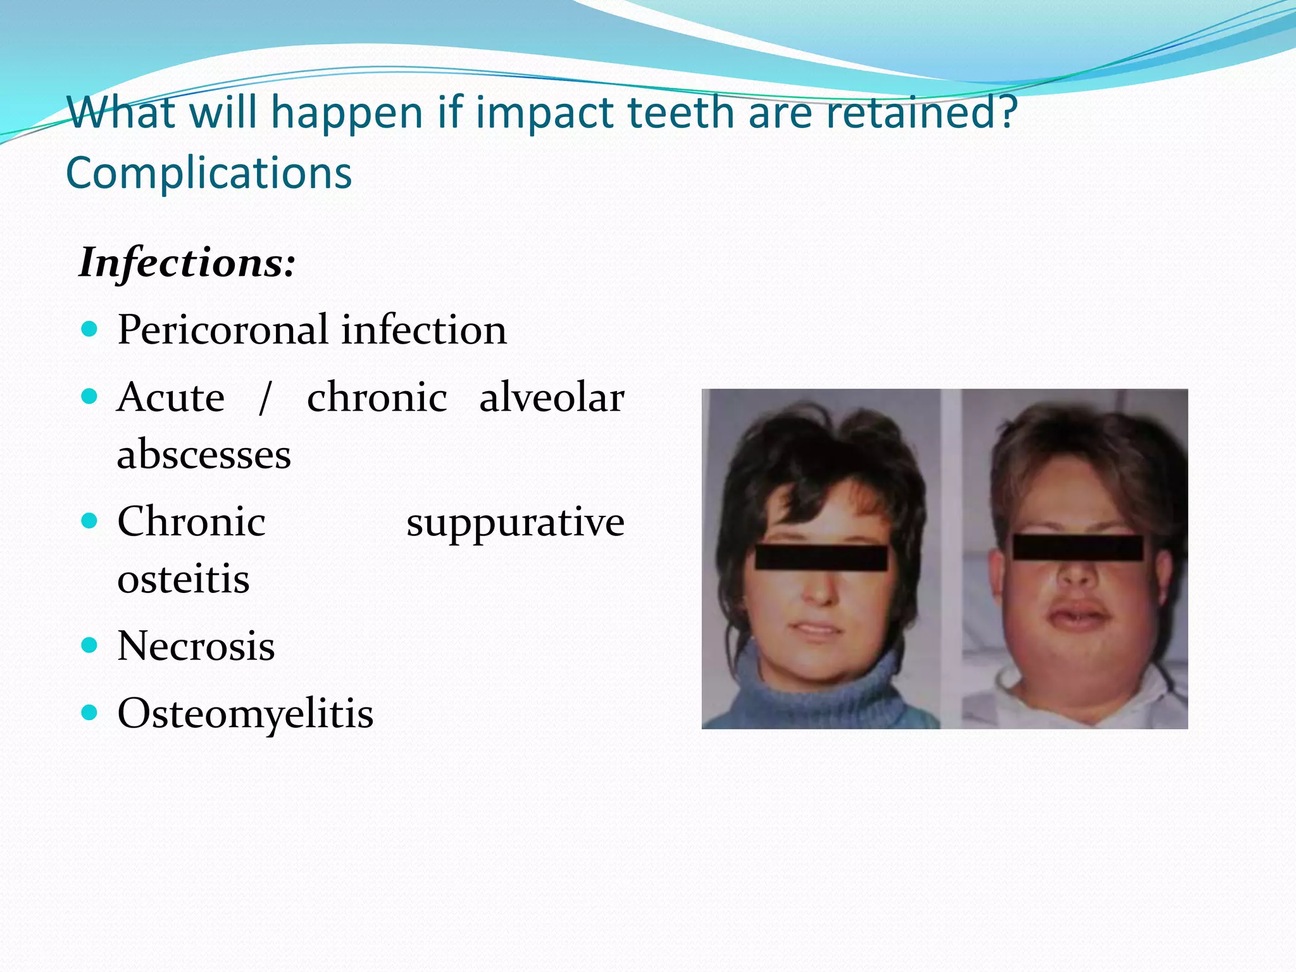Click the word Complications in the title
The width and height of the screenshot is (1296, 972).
209,173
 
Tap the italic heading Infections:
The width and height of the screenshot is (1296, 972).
187,263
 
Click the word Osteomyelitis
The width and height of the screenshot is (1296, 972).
246,714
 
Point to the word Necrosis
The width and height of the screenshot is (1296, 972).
196,646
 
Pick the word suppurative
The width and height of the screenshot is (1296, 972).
515,523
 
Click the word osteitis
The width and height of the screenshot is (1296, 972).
184,578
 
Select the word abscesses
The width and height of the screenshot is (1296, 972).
204,454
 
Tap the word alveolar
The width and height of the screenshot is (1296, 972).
551,398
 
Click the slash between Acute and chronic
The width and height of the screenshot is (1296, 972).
265,398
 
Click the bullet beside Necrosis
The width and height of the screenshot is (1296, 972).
90,645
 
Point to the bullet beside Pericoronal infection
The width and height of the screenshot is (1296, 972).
90,329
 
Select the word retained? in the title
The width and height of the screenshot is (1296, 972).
922,112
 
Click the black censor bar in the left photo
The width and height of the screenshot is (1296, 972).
821,558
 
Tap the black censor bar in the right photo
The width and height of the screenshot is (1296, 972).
1078,547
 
